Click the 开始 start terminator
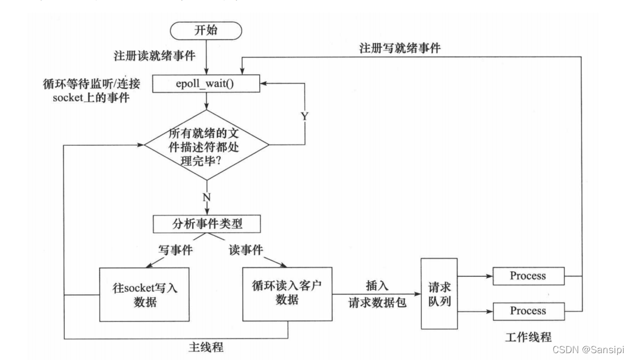pyautogui.click(x=207, y=31)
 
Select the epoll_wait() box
pyautogui.click(x=207, y=83)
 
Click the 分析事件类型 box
pyautogui.click(x=207, y=224)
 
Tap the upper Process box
pyautogui.click(x=528, y=275)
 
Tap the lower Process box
pyautogui.click(x=528, y=311)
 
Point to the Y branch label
pyautogui.click(x=304, y=116)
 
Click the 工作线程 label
pyautogui.click(x=527, y=337)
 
